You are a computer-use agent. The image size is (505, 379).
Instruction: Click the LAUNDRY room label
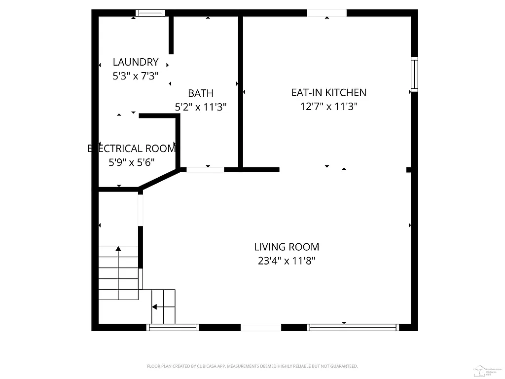coord(136,62)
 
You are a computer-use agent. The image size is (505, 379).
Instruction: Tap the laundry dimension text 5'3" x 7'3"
coord(136,76)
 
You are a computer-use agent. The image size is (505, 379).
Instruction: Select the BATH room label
coord(201,93)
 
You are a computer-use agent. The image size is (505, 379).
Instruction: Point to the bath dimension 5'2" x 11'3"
coord(201,107)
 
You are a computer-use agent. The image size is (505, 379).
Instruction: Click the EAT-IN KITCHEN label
coord(328,92)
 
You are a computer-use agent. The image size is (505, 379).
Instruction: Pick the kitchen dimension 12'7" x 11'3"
coord(328,106)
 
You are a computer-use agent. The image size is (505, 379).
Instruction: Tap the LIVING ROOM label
coord(287,247)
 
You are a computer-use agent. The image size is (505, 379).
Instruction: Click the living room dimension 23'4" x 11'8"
coord(287,261)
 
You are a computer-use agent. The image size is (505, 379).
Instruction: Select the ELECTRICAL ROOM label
coord(132,149)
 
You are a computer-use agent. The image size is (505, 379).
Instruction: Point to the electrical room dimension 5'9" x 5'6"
coord(132,162)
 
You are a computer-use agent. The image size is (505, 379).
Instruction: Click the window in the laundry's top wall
coord(150,13)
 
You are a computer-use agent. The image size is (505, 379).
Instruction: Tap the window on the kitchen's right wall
coord(414,74)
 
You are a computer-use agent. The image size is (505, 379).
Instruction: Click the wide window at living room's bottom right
coord(352,327)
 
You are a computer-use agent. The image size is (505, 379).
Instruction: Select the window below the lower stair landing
coord(173,327)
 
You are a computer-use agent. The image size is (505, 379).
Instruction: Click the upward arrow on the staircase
coord(118,249)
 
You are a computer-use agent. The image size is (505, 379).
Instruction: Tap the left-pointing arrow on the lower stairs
coord(155,307)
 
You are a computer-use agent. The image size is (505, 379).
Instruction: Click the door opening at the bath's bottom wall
coord(205,170)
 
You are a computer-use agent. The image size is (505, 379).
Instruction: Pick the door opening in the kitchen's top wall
coord(326,13)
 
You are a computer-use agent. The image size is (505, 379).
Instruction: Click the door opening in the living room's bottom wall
coord(260,327)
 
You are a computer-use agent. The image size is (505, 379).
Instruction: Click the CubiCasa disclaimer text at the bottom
coord(252,366)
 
